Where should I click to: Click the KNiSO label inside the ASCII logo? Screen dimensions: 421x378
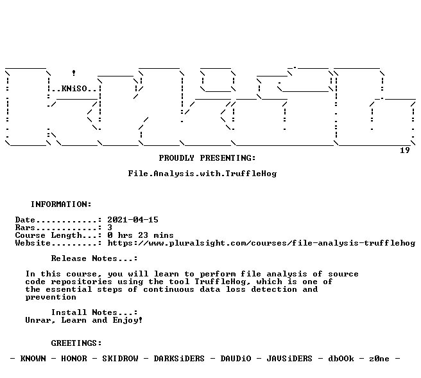[74, 89]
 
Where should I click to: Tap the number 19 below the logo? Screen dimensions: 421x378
[405, 150]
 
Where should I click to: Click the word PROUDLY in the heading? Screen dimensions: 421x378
[176, 158]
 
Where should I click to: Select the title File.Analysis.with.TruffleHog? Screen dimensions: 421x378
[202, 174]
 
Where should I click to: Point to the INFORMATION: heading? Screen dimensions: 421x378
[61, 204]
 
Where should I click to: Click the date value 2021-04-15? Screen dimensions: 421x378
[133, 220]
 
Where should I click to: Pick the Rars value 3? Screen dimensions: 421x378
[110, 228]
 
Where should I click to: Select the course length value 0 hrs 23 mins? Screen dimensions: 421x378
[141, 235]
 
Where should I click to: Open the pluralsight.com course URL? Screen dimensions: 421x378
[261, 243]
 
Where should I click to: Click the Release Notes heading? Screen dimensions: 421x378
[94, 258]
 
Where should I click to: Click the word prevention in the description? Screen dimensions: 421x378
[51, 297]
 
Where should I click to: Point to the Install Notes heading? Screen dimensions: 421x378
[94, 312]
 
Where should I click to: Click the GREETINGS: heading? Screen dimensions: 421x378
[76, 343]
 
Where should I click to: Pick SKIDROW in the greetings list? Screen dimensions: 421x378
[120, 359]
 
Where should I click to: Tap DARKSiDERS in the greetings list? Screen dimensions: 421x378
[179, 359]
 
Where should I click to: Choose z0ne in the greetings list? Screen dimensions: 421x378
[379, 359]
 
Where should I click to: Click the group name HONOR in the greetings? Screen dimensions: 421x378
[74, 359]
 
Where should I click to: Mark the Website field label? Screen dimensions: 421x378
[33, 243]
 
